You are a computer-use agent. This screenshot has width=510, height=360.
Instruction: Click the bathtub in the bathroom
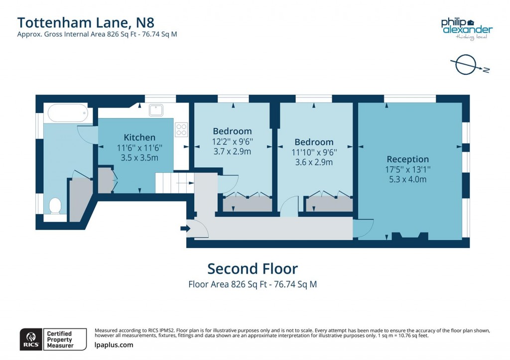[68, 114]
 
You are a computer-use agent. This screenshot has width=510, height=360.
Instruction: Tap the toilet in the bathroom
[55, 205]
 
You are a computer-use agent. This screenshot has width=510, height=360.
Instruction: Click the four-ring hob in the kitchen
[181, 129]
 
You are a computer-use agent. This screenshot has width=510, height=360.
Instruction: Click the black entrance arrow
[185, 229]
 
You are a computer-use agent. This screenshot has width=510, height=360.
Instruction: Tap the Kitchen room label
[139, 137]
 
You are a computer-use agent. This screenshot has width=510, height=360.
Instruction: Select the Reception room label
[407, 159]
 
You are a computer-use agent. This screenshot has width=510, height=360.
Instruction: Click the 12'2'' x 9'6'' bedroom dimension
[232, 141]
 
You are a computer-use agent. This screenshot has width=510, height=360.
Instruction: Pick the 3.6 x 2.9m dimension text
[314, 162]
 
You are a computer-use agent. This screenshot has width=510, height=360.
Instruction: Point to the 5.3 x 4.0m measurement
[407, 179]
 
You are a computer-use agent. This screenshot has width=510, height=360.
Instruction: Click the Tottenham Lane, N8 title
[79, 22]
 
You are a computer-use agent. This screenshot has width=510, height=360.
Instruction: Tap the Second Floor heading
[253, 269]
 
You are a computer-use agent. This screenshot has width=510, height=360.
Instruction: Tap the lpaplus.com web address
[114, 345]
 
